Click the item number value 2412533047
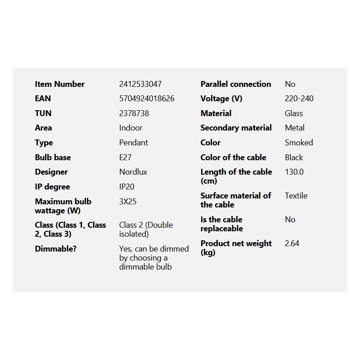pos(140,84)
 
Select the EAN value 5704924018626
pos(147,99)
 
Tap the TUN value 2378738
pos(134,113)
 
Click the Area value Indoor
pos(130,128)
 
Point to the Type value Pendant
pos(133,143)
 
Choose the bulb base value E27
pos(125,157)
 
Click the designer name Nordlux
pos(133,172)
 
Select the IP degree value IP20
pos(126,187)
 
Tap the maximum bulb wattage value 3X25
pos(127,202)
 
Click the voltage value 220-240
pos(299,99)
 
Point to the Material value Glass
pos(293,113)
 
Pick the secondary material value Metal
pos(294,128)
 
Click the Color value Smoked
pos(298,143)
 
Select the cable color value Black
pos(293,157)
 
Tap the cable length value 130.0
pos(294,172)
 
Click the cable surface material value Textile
pos(296,196)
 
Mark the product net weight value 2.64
pos(292,243)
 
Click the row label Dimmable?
pos(55,249)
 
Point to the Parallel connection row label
pos(235,84)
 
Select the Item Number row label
pos(59,84)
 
